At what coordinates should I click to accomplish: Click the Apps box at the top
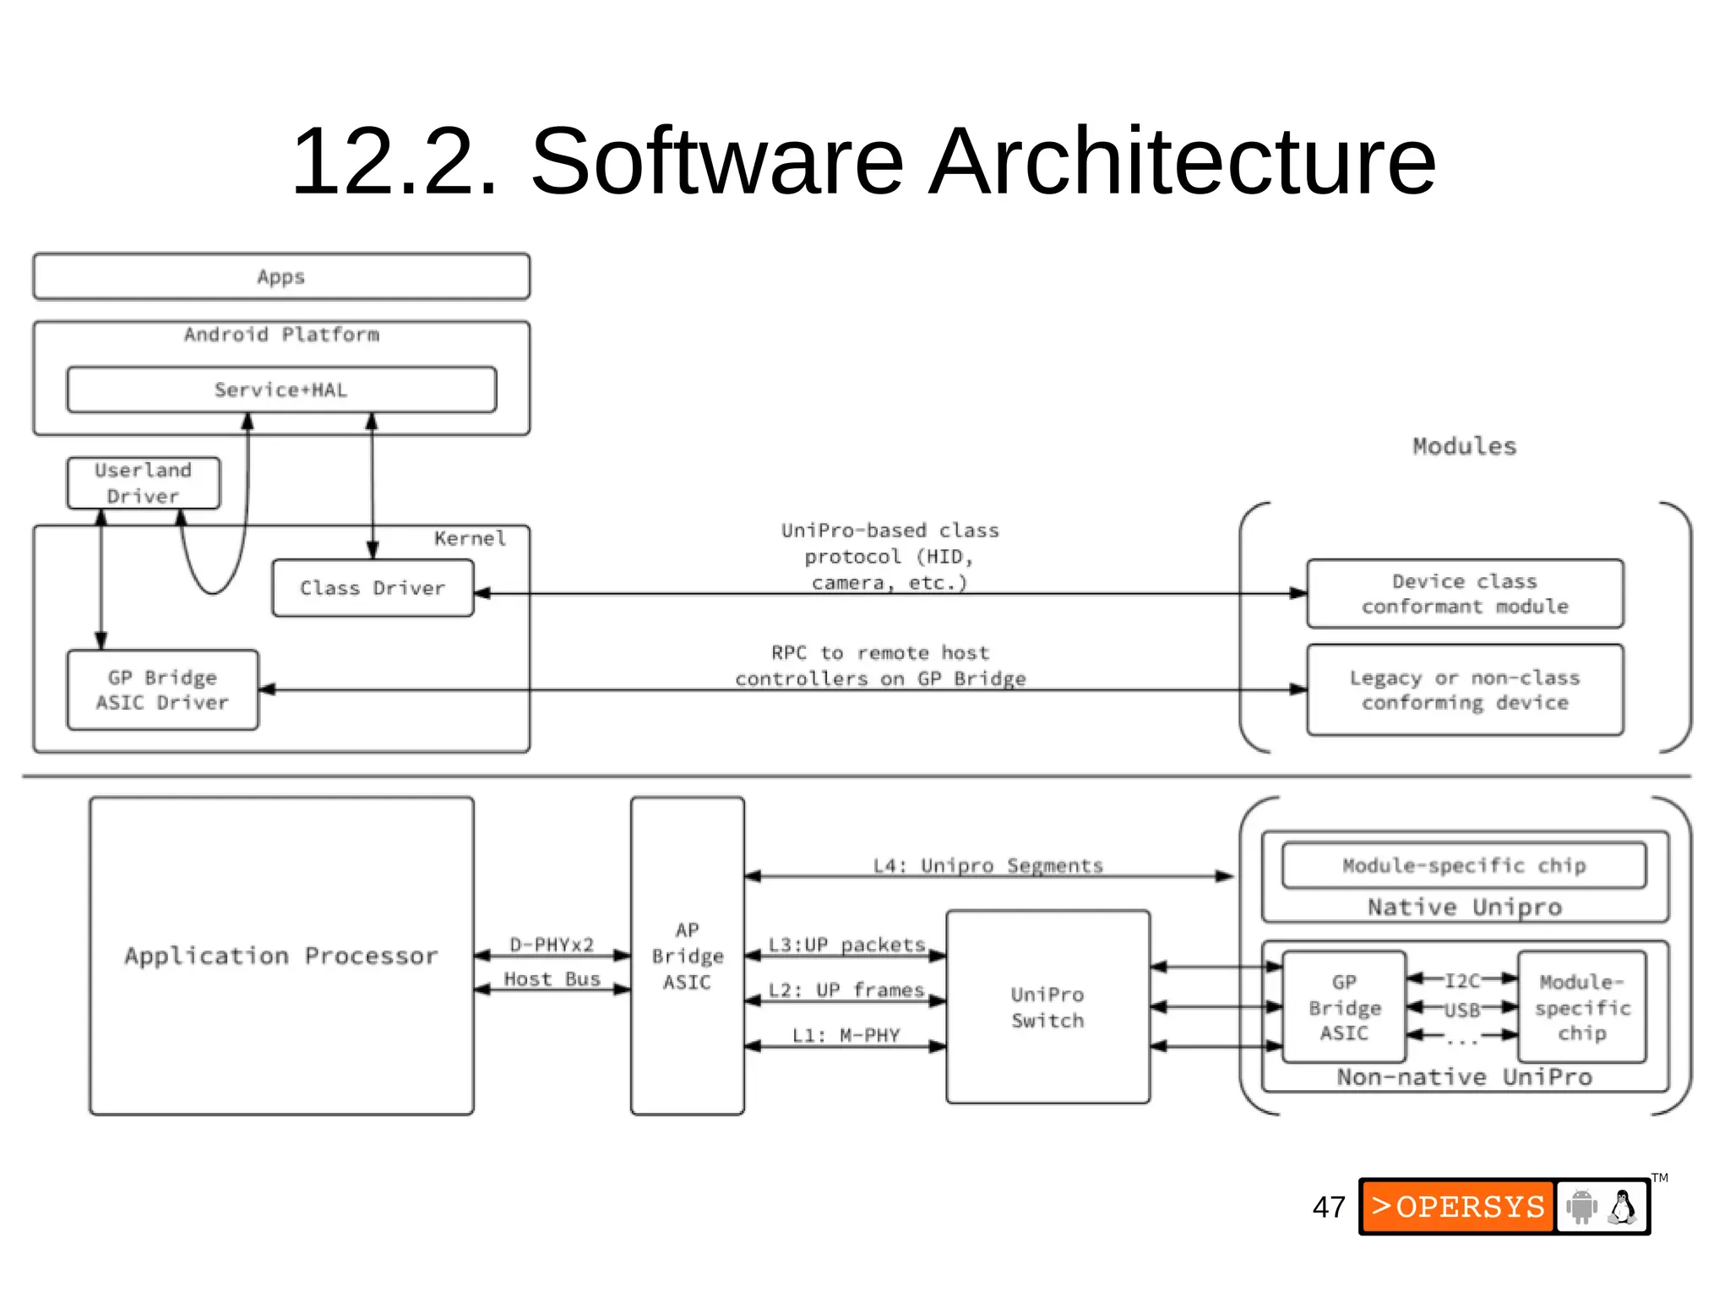click(x=281, y=276)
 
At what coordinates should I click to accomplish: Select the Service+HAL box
click(x=281, y=390)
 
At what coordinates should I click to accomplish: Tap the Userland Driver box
click(x=143, y=483)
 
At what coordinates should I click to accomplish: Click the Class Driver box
click(x=373, y=588)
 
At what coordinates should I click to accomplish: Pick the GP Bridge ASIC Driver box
click(x=162, y=690)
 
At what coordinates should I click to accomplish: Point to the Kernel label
click(x=470, y=539)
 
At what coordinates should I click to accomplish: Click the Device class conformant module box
click(x=1464, y=594)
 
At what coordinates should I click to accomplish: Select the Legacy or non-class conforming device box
click(x=1464, y=690)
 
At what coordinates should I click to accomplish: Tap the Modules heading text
click(x=1464, y=446)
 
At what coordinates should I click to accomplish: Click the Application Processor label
click(x=281, y=956)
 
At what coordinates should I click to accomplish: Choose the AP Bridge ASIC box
click(x=687, y=956)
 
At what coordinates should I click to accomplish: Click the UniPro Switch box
click(x=1047, y=1007)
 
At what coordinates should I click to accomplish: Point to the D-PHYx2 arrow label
click(x=552, y=945)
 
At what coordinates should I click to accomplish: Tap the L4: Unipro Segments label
click(x=987, y=865)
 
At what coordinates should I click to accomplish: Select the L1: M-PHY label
click(x=846, y=1035)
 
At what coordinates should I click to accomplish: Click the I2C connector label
click(x=1462, y=980)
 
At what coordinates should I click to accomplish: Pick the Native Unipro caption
click(x=1464, y=907)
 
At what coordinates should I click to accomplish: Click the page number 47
click(x=1329, y=1207)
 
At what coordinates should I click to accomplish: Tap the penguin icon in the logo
click(x=1622, y=1207)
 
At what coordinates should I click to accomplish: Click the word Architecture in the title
click(x=1182, y=161)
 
